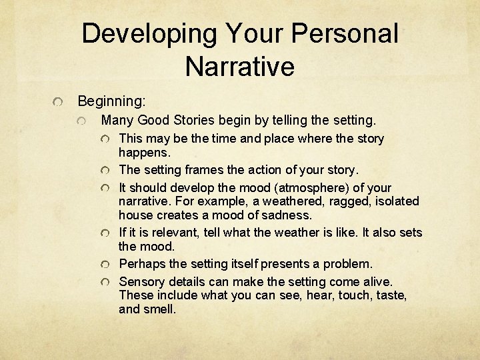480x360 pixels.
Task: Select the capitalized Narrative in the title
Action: click(x=240, y=66)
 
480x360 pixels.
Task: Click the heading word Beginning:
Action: click(x=111, y=101)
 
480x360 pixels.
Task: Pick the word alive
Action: click(x=375, y=281)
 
